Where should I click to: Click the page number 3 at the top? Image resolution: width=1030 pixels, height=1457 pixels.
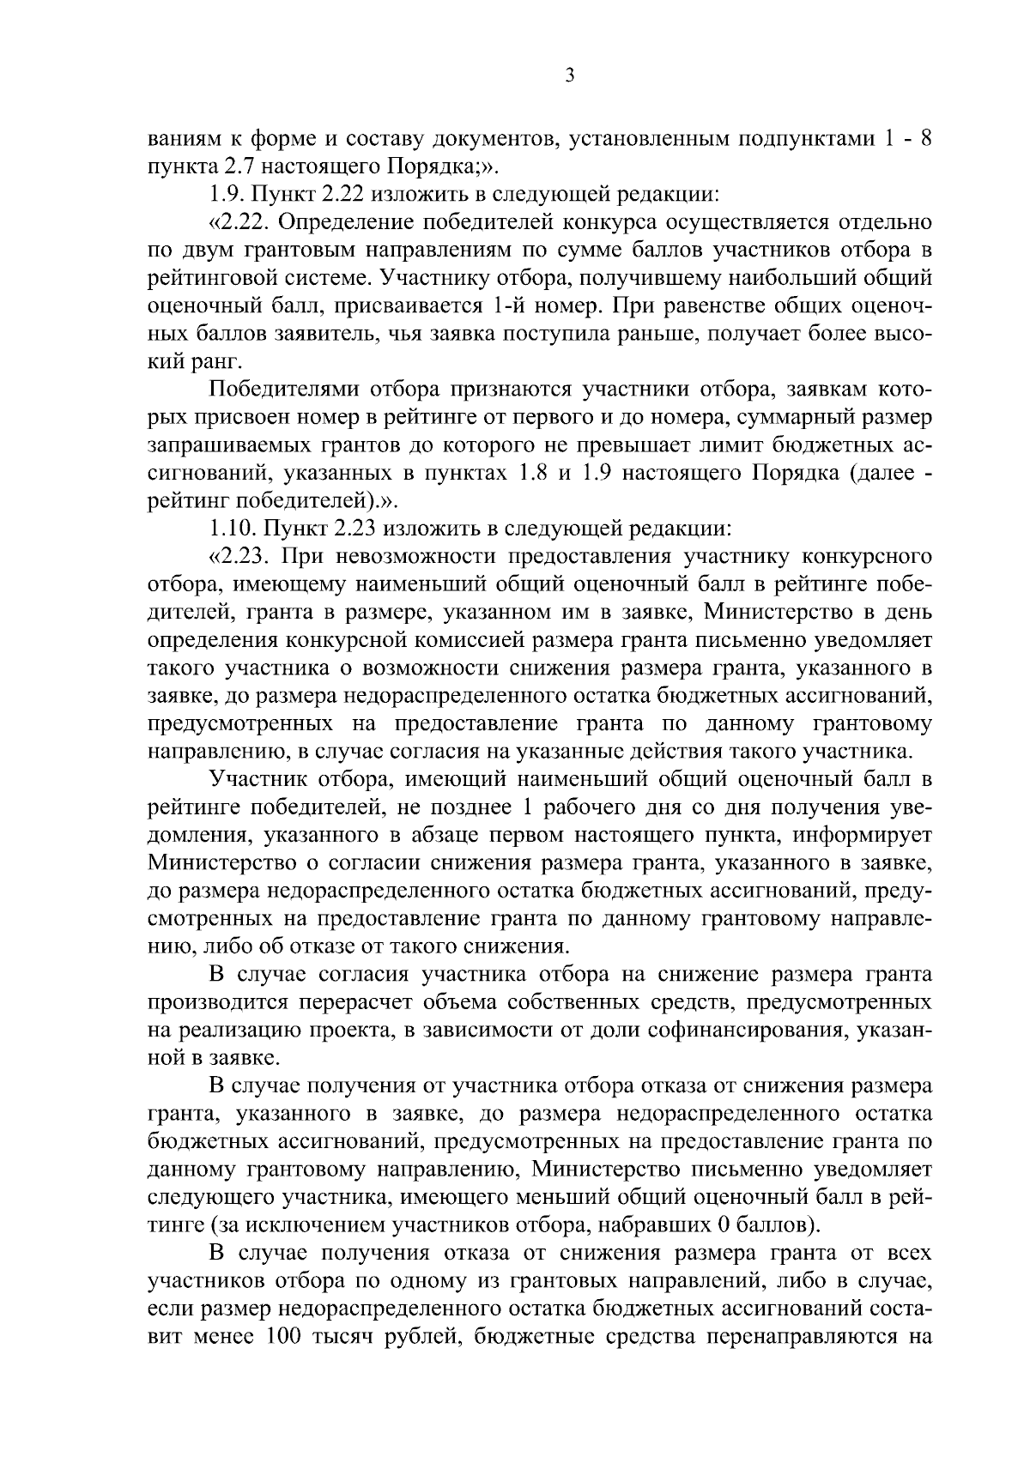click(x=569, y=76)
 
